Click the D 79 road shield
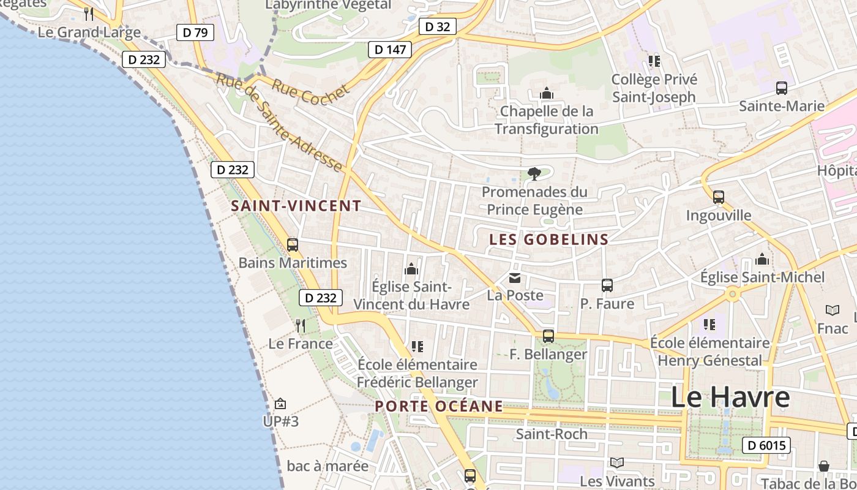coord(195,32)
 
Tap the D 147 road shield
coord(389,50)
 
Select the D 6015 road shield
coord(766,445)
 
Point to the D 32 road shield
coord(437,26)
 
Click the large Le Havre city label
coord(730,398)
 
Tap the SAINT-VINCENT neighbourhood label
coord(296,206)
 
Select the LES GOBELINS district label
coord(549,239)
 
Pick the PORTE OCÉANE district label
coord(439,406)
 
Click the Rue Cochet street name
coord(310,94)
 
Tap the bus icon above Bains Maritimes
coord(293,245)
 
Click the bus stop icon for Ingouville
coord(719,197)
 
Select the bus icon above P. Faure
coord(607,285)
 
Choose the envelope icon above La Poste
coord(515,279)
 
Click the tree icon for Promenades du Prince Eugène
coord(534,174)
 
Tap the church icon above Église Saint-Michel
coord(762,259)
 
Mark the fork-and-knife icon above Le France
coord(300,325)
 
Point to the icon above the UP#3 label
coord(280,404)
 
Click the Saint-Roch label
coord(552,434)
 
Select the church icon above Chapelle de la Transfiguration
coord(546,93)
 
